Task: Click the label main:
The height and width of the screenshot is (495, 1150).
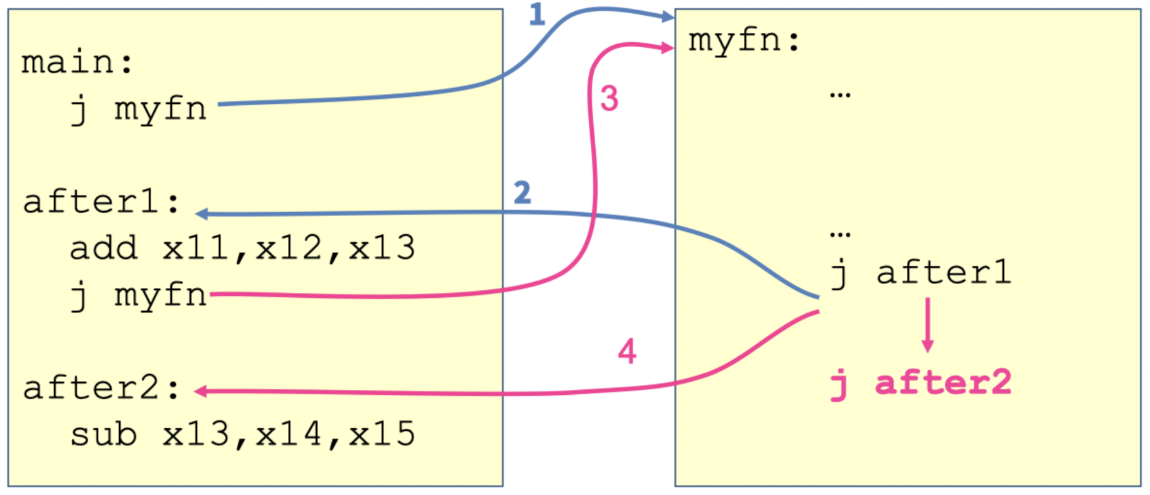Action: [x=77, y=62]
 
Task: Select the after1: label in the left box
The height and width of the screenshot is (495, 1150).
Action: [x=101, y=203]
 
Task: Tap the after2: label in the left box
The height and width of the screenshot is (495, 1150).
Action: [x=101, y=388]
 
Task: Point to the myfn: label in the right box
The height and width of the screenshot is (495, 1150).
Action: [x=744, y=41]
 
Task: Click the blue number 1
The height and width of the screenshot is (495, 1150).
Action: [x=537, y=14]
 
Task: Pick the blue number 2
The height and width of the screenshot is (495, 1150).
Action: [x=522, y=193]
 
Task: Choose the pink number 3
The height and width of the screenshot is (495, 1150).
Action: [x=609, y=99]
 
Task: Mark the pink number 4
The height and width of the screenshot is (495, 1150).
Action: [x=627, y=351]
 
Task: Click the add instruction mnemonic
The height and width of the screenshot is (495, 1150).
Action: [x=103, y=248]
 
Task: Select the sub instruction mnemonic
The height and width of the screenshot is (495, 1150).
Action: [x=103, y=435]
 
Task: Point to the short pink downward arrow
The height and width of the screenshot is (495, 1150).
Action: [x=927, y=325]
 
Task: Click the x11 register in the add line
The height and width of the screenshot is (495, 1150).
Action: [x=196, y=248]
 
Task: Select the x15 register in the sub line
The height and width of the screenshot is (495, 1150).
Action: [x=382, y=435]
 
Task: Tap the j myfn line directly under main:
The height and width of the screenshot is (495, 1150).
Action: [x=139, y=110]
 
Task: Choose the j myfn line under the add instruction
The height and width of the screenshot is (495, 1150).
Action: [x=139, y=295]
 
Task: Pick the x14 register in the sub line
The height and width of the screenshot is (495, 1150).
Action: [x=289, y=435]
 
